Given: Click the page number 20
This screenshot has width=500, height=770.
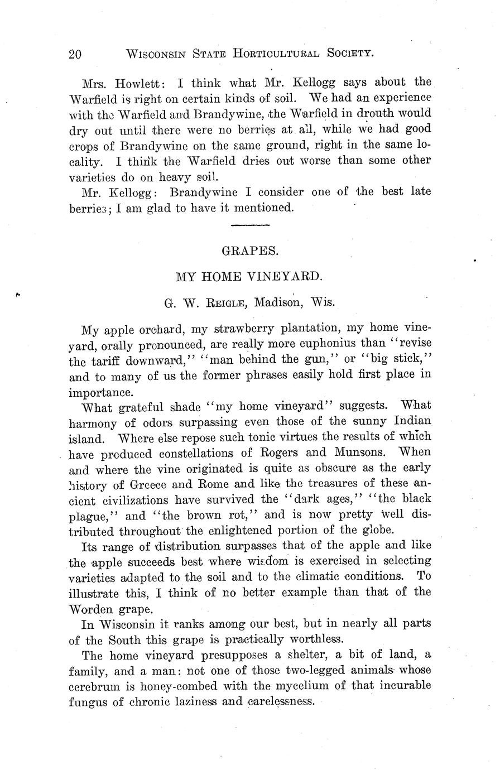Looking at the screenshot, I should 75,54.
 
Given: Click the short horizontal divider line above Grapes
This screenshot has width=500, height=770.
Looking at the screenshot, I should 250,225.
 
